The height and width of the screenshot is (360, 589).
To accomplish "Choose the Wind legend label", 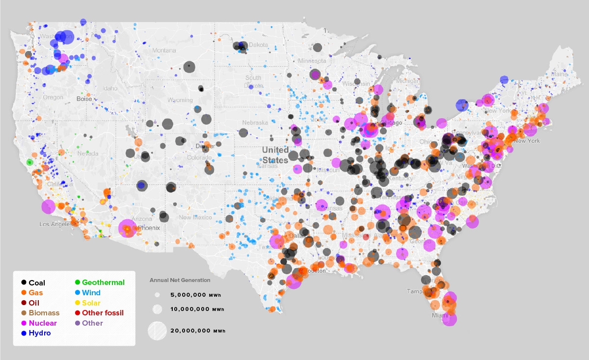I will point(91,293).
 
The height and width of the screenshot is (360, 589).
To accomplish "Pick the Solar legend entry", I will point(91,303).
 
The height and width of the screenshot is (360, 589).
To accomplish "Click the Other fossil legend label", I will point(103,313).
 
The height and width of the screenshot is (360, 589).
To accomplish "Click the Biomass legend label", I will point(44,313).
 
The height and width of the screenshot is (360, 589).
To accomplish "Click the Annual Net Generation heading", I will point(180,280).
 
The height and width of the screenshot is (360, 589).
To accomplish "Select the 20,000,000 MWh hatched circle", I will point(158,330).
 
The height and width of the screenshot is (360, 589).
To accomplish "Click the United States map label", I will point(275,154).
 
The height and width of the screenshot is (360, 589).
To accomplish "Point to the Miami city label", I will point(440,315).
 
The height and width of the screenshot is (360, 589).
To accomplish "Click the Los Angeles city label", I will point(55,224).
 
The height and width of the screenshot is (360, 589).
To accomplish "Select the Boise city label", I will point(84,99).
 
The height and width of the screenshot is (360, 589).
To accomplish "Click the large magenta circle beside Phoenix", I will point(127,228).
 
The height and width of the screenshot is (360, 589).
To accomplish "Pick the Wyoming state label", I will point(180,100).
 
